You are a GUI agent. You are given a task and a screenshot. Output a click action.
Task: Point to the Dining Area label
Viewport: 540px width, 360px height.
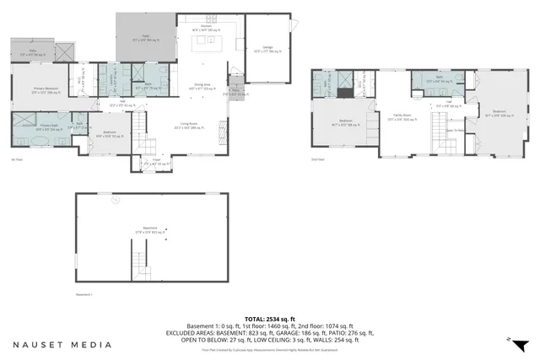coord(202,85)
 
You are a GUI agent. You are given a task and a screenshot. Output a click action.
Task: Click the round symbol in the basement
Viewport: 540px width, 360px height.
coord(116,201)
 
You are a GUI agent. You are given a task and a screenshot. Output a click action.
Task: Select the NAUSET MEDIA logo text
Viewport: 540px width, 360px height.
coord(62,345)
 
